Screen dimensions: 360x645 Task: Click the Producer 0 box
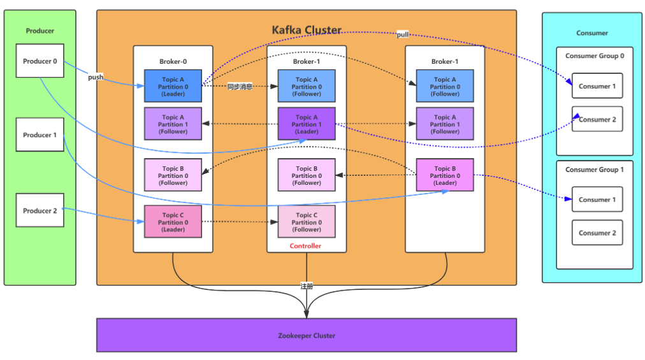coord(40,61)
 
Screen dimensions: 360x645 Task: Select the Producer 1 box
coord(40,135)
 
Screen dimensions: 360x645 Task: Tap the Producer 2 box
coord(40,210)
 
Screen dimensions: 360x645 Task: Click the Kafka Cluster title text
coord(307,30)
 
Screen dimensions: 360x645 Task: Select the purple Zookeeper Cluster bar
coord(306,335)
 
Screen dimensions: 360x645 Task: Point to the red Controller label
coord(306,246)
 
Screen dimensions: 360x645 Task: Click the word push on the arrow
coord(96,77)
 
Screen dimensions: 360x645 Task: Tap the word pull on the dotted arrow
coord(403,34)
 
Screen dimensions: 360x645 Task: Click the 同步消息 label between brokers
coord(240,87)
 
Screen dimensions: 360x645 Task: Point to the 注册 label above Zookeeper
coord(307,286)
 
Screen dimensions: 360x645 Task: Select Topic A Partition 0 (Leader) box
coord(173,86)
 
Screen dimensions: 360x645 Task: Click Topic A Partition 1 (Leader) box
coord(307,124)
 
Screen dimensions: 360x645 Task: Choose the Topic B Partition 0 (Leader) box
coord(444,175)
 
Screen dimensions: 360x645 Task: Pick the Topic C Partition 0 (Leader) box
coord(173,222)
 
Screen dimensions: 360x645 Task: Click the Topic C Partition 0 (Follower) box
coord(307,222)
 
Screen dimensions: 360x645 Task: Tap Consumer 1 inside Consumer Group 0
coord(597,86)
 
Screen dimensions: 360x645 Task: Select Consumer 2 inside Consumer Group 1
coord(597,233)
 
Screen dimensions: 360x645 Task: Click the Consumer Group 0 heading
coord(595,56)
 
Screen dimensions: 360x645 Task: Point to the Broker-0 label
coord(173,62)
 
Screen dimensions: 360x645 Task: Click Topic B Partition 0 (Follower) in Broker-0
coord(173,175)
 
